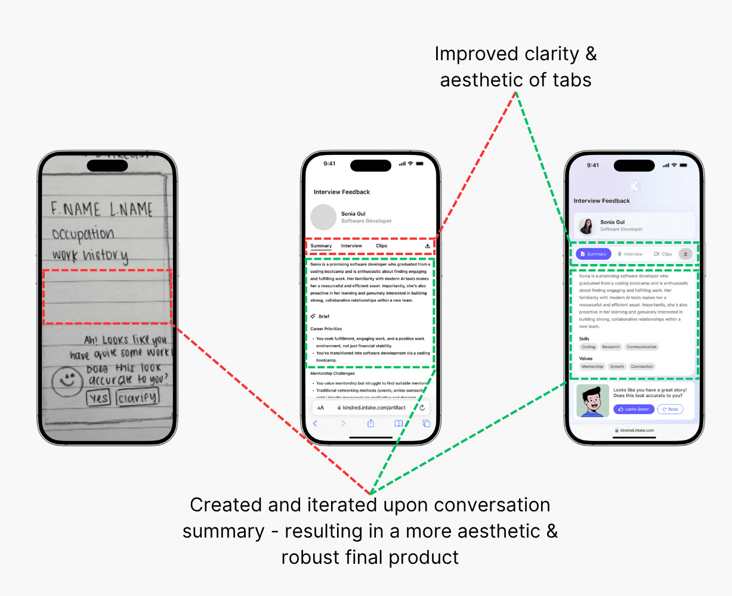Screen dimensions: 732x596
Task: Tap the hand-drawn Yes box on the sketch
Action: (99, 398)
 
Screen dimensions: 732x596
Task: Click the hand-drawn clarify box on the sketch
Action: (137, 398)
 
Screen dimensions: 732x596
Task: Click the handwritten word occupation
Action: (82, 233)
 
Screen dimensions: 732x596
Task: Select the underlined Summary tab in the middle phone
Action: (321, 246)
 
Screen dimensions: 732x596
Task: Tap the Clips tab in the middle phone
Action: (381, 246)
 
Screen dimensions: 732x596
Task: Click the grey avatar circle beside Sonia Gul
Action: (323, 217)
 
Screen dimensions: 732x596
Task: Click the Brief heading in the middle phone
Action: (324, 316)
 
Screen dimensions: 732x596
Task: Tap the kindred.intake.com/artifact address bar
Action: (370, 408)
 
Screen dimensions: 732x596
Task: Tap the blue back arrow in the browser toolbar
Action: (315, 423)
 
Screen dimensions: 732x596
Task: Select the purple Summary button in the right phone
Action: (593, 254)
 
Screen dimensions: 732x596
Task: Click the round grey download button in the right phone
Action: (685, 254)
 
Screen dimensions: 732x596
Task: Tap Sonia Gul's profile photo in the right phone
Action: (587, 226)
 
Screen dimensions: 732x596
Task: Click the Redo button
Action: (670, 409)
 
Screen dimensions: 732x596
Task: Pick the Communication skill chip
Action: (641, 347)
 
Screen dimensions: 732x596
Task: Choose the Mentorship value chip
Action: (592, 367)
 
